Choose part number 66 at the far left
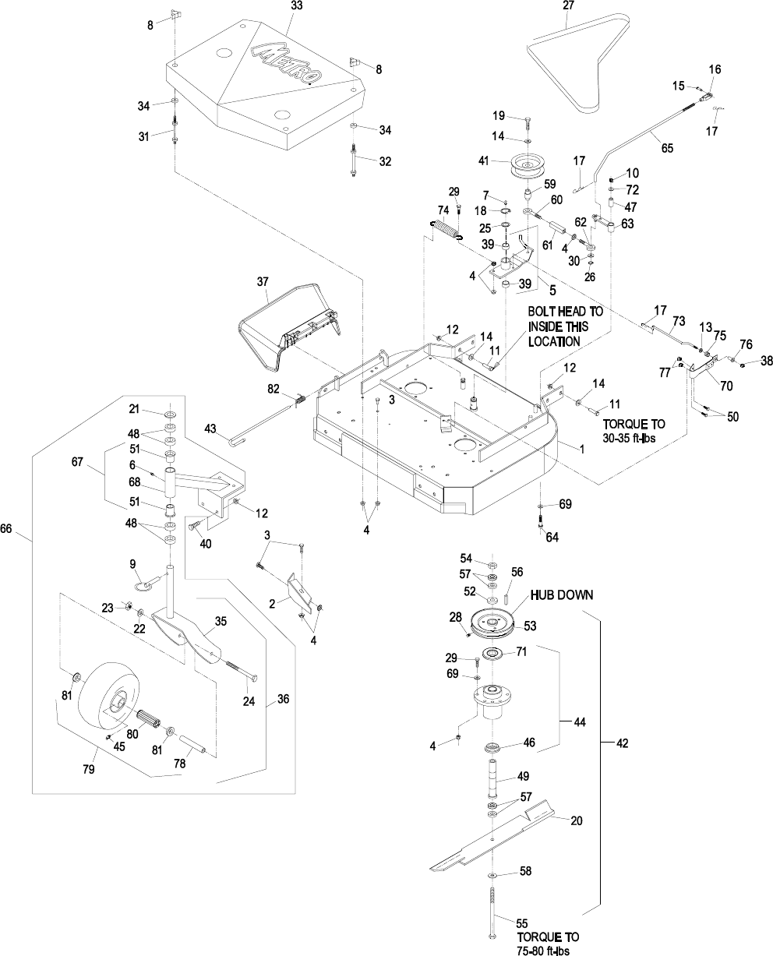[7, 528]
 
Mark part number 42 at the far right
[622, 743]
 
